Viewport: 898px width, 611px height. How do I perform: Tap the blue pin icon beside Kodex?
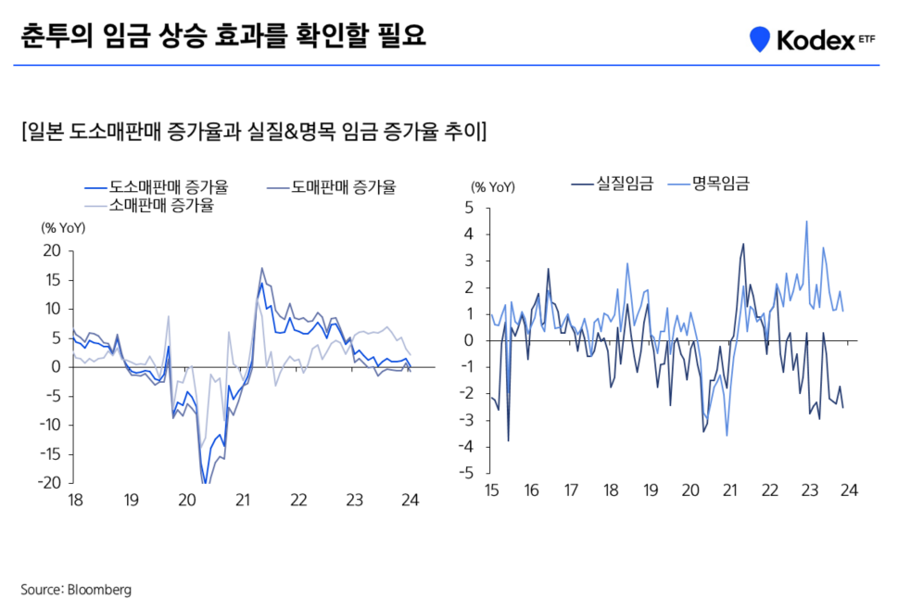[x=760, y=39]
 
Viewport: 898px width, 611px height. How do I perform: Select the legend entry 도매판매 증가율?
[x=343, y=187]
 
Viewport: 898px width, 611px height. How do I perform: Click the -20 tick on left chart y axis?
[x=48, y=482]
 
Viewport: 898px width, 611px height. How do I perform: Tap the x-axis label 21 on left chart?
[x=243, y=500]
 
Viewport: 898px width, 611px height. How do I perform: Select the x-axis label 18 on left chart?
[x=75, y=500]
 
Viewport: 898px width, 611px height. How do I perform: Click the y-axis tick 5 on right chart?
[x=469, y=208]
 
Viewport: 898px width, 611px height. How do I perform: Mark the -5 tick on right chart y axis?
[x=466, y=473]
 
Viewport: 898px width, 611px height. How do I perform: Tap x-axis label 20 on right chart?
[x=690, y=490]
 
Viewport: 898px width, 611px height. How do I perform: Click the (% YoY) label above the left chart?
[x=61, y=226]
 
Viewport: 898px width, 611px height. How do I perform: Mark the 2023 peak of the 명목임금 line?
[x=806, y=222]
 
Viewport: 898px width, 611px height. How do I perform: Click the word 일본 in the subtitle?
[x=44, y=131]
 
